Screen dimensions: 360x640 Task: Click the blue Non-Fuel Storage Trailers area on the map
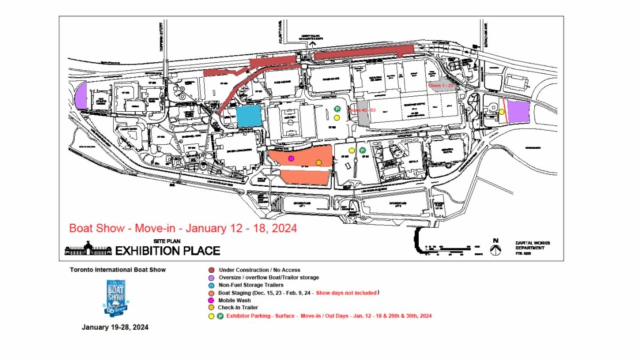pos(249,116)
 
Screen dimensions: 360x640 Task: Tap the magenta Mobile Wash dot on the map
pos(291,158)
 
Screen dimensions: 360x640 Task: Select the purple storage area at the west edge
pos(81,97)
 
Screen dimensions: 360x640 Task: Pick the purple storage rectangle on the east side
pos(518,111)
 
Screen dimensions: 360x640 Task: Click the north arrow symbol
pos(496,248)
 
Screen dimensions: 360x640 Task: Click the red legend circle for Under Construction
pos(212,270)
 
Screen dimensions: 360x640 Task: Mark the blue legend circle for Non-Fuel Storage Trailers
pos(212,285)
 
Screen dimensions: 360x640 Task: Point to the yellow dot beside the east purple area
pos(501,111)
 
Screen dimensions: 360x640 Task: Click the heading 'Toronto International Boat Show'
pos(117,270)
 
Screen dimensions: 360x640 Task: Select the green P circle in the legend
pos(220,316)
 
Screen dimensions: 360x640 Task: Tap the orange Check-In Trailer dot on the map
pos(318,163)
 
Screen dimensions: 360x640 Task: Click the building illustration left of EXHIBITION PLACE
pos(89,249)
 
